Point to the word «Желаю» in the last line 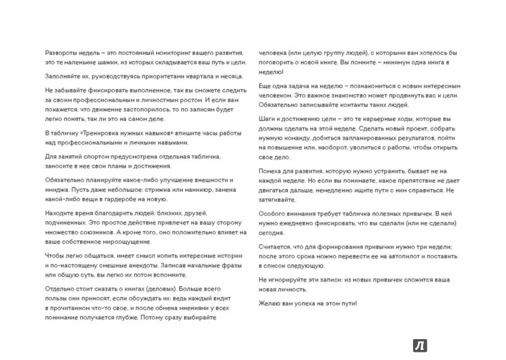(271, 304)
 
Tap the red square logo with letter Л (420, 344)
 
